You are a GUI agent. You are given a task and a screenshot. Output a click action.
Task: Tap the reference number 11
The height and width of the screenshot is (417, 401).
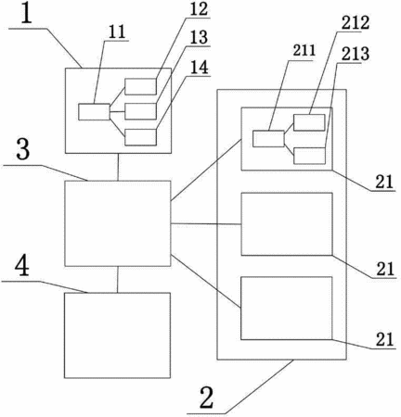[x=117, y=32]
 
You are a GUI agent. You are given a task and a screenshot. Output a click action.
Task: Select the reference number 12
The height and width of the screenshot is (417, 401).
[x=198, y=9]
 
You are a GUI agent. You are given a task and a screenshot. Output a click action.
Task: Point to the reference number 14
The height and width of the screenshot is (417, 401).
[x=199, y=67]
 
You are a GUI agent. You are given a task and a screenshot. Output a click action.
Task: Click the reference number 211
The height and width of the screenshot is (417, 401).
[x=304, y=51]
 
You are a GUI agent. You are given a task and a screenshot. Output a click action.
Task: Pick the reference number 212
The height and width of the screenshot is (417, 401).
[x=356, y=23]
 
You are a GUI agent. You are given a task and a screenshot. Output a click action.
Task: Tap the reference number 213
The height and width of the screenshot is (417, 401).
[x=356, y=54]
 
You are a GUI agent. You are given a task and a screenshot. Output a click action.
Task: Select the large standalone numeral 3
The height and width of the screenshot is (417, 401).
[x=23, y=150]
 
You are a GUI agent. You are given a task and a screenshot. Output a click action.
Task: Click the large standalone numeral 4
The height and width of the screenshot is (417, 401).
[x=22, y=266]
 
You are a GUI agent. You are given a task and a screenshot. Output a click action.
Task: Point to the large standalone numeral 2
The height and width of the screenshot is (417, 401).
[x=207, y=398]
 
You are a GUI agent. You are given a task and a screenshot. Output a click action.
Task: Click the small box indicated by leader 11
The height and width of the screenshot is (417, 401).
[x=94, y=112]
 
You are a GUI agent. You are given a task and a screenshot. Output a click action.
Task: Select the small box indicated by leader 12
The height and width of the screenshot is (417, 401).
[x=140, y=86]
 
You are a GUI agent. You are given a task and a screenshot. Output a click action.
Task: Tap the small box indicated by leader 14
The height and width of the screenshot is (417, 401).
[x=140, y=137]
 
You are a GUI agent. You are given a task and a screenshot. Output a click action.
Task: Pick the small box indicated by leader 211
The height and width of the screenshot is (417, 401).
[x=268, y=139]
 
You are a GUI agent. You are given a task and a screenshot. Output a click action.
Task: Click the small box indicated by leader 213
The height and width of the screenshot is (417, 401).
[x=309, y=156]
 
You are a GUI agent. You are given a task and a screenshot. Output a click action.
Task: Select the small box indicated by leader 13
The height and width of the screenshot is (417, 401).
[x=140, y=111]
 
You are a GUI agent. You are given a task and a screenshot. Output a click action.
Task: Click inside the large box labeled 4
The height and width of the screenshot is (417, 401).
[x=117, y=335]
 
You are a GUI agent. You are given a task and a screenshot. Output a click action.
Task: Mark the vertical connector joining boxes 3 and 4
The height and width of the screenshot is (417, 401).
[x=117, y=279]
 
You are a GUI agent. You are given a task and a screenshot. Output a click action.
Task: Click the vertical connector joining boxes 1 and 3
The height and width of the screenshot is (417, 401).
[x=118, y=167]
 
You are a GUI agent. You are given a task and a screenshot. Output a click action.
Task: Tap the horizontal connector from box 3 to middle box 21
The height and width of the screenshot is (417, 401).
[x=206, y=223]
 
